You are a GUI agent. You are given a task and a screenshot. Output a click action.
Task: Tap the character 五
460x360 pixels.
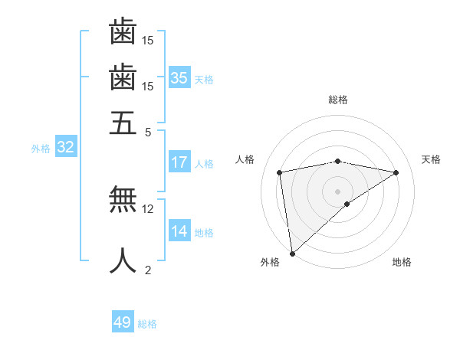tap(123, 123)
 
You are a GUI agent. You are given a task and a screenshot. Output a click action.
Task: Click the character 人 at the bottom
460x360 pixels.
tap(123, 260)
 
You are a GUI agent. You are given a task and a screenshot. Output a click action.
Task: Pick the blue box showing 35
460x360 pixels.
tap(179, 78)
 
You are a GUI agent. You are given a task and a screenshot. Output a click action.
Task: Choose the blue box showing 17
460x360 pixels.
tap(179, 162)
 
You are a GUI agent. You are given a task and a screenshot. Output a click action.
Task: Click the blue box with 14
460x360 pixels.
tap(179, 231)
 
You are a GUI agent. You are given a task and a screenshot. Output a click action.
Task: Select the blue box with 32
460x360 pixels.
tap(65, 148)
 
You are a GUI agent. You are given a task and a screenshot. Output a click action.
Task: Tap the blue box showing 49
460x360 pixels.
tap(123, 322)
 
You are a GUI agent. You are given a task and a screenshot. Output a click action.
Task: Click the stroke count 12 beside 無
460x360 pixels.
tap(148, 208)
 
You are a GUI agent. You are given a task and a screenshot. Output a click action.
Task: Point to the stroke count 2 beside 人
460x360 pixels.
tap(148, 270)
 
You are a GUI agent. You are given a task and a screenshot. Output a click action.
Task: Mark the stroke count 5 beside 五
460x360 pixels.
tap(148, 131)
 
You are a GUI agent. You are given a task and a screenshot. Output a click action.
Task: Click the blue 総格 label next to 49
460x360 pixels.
tap(147, 324)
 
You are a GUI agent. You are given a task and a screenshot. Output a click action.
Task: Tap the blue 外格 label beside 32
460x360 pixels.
tap(41, 149)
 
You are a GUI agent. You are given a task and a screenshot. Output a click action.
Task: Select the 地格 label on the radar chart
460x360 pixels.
tap(402, 263)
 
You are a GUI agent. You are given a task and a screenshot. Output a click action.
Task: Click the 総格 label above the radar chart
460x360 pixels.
tap(338, 100)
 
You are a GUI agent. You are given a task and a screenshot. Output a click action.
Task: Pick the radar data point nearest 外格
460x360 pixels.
tap(292, 253)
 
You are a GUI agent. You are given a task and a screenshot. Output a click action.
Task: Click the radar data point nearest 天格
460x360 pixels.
tap(396, 173)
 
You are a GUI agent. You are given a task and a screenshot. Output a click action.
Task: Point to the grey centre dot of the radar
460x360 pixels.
tap(338, 190)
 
